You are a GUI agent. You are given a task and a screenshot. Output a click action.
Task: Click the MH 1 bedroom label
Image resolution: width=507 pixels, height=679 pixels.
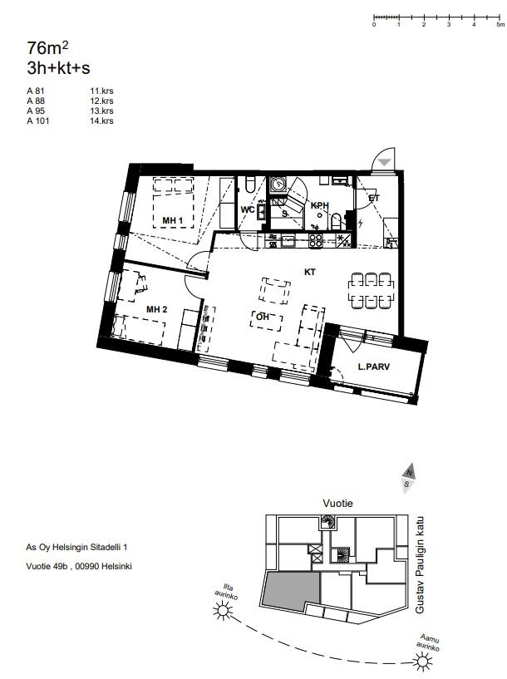pos(172,220)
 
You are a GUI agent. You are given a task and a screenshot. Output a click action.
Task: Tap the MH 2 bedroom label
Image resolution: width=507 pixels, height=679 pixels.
pos(157,309)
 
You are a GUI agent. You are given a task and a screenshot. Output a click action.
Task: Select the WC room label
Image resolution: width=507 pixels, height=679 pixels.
pos(248,209)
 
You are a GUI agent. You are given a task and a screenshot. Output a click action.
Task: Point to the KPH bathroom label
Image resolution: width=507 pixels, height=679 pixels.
pos(319,205)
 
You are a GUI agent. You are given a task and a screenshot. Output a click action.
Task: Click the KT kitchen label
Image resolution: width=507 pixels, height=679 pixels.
pos(309,272)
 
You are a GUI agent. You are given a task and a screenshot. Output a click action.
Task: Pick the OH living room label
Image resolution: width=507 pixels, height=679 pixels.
pos(263,317)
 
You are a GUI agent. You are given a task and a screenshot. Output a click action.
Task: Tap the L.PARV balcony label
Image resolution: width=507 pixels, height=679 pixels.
pos(374,367)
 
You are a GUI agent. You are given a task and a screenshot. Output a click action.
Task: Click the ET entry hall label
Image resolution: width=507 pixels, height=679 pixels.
pos(374,198)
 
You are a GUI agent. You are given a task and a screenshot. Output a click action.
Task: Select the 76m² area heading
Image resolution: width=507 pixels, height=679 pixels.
pos(47,47)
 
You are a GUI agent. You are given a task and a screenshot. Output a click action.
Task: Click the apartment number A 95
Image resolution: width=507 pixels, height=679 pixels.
pos(36,111)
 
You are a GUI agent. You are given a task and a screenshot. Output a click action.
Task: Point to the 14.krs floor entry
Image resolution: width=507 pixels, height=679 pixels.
pos(101,121)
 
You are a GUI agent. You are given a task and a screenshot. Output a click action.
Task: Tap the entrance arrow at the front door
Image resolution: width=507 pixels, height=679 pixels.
pos(384,162)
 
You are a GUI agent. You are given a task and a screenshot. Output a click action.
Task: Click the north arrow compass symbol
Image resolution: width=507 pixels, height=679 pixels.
pos(408,479)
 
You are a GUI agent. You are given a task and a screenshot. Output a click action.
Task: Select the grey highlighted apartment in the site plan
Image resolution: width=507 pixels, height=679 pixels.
pos(291,589)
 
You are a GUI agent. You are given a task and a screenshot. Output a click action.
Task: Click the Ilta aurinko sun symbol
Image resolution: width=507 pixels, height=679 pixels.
pos(223,612)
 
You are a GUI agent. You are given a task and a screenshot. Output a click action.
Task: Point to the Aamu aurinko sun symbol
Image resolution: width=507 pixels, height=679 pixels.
pos(422,662)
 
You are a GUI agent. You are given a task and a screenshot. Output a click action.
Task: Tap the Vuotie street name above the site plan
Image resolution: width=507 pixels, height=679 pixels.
pos(337,503)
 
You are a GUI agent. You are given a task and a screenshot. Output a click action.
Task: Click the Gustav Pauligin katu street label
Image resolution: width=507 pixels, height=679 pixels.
pos(420,564)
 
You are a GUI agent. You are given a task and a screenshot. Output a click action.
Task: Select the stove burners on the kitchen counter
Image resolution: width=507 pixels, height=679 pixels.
pos(315,240)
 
